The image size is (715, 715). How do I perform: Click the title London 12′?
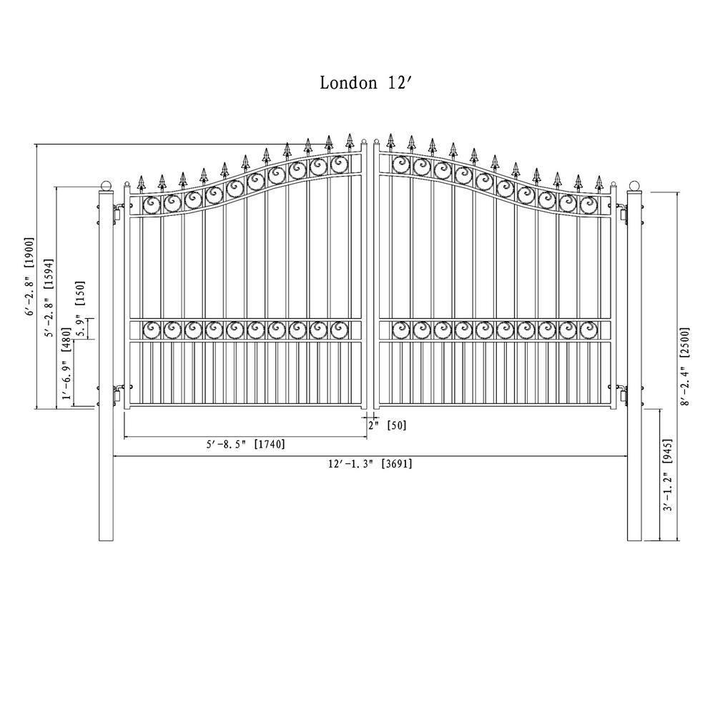(365, 83)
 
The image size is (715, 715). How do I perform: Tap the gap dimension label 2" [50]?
(387, 425)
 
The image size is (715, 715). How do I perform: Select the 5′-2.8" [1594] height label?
(49, 295)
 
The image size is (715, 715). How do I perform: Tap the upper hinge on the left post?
(116, 214)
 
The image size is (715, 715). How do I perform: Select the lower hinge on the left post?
(116, 394)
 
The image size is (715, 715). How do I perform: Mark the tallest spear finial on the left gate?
(350, 140)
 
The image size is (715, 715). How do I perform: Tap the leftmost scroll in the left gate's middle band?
(152, 330)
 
